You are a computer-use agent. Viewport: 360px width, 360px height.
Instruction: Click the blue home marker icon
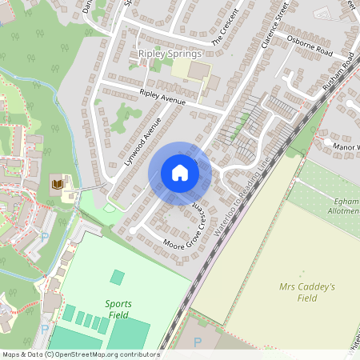[x=179, y=173]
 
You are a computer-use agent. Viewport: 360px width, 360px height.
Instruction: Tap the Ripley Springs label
[x=170, y=54]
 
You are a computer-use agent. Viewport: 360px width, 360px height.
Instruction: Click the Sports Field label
[x=118, y=309]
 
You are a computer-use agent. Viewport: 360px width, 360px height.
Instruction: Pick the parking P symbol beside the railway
[x=198, y=342]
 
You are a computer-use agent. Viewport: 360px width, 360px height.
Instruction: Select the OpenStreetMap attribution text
[x=80, y=354]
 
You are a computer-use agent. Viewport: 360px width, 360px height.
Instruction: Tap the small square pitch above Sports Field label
[x=118, y=277]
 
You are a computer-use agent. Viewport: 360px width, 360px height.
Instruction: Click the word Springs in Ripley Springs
[x=186, y=54]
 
